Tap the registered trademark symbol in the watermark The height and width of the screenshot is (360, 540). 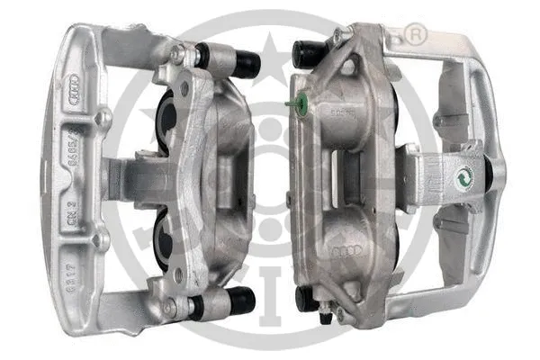[x=417, y=36]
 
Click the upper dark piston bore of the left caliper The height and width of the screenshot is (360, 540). [x=169, y=119]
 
